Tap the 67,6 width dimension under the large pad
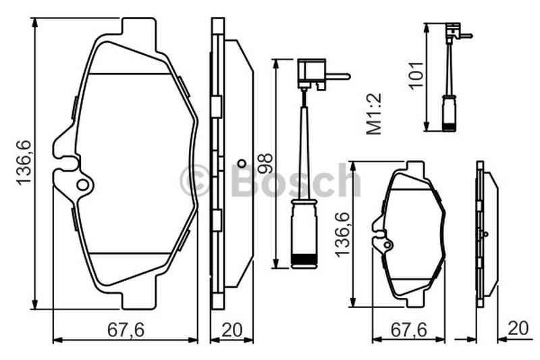(126, 330)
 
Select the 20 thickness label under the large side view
(232, 330)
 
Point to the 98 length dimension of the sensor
(265, 163)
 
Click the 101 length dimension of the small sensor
(415, 75)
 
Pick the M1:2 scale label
(374, 113)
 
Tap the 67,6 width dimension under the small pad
(409, 330)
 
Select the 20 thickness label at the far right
(518, 328)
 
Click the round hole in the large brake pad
(82, 185)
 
